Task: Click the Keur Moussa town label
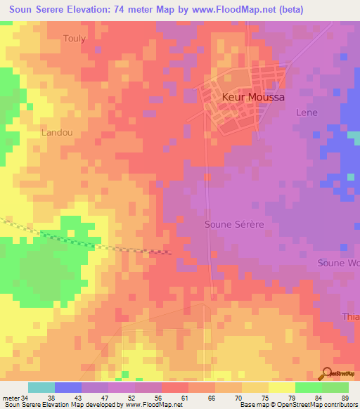pyautogui.click(x=253, y=98)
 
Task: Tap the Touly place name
pyautogui.click(x=75, y=39)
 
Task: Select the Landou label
pyautogui.click(x=57, y=132)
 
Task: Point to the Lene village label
pyautogui.click(x=307, y=112)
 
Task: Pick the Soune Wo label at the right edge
pyautogui.click(x=339, y=263)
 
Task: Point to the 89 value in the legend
pyautogui.click(x=344, y=397)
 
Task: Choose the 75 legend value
pyautogui.click(x=265, y=397)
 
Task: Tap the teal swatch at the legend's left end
pyautogui.click(x=41, y=387)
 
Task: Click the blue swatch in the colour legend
pyautogui.click(x=68, y=387)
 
